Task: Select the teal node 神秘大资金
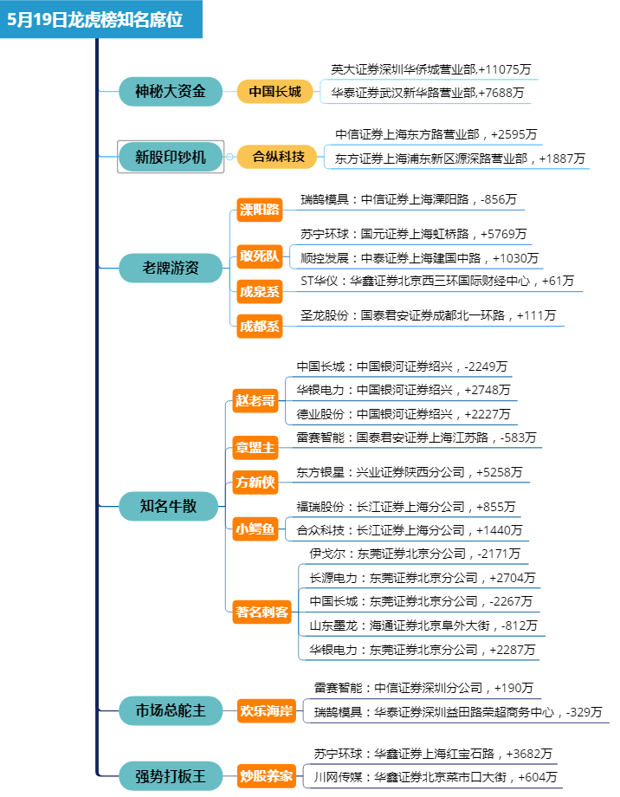pyautogui.click(x=171, y=91)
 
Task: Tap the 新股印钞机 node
pyautogui.click(x=171, y=157)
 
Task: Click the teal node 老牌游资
pyautogui.click(x=171, y=268)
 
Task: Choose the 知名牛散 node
pyautogui.click(x=170, y=506)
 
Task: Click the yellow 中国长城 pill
pyautogui.click(x=274, y=91)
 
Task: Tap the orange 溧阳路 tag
pyautogui.click(x=260, y=209)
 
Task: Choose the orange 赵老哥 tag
pyautogui.click(x=255, y=400)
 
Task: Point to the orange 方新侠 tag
pyautogui.click(x=255, y=482)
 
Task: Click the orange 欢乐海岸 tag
pyautogui.click(x=268, y=711)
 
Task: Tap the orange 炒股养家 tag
pyautogui.click(x=268, y=775)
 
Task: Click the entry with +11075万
pyautogui.click(x=430, y=69)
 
